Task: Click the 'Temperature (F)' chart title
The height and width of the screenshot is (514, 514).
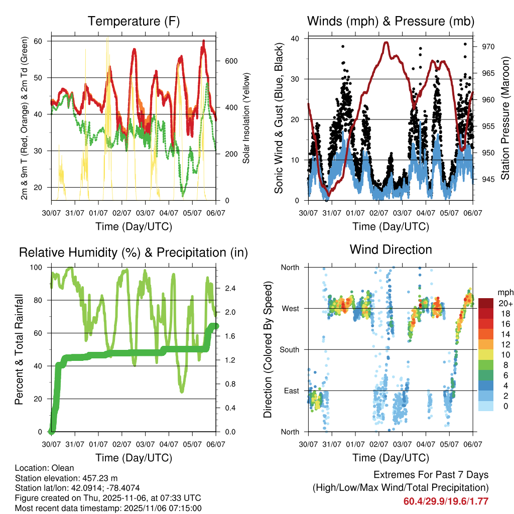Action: point(134,22)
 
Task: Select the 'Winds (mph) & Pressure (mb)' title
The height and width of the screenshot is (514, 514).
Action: point(391,22)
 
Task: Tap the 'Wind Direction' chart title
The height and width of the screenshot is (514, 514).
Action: point(391,249)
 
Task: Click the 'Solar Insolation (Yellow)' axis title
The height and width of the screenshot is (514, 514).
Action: point(246,118)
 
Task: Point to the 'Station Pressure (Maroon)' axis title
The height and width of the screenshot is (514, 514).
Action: point(505,118)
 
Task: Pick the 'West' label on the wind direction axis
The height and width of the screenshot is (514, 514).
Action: point(290,308)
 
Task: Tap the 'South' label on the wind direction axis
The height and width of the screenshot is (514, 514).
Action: point(289,349)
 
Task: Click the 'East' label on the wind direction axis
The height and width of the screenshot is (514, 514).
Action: point(291,391)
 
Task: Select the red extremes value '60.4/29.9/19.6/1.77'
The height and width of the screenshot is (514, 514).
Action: point(446,501)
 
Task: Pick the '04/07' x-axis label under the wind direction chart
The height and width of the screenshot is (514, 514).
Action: point(426,444)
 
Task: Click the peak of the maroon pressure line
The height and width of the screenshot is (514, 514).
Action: point(385,43)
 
